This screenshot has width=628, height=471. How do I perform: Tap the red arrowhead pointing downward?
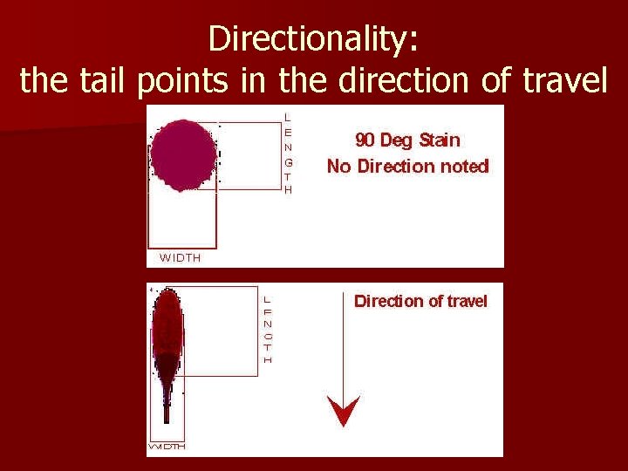[x=344, y=409]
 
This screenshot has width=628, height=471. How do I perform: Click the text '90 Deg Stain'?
[x=407, y=140]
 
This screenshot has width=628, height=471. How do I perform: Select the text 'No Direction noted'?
[x=407, y=166]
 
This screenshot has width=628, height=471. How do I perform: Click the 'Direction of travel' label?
[x=420, y=301]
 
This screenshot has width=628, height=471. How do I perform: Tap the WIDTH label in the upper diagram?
[x=180, y=257]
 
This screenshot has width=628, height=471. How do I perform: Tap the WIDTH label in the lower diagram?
[x=167, y=447]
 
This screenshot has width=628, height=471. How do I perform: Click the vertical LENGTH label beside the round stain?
[x=289, y=153]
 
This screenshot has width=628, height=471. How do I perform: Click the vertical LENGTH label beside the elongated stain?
[x=268, y=329]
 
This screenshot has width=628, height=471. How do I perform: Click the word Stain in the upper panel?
[x=439, y=140]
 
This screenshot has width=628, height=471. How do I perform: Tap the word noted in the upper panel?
[x=466, y=166]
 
